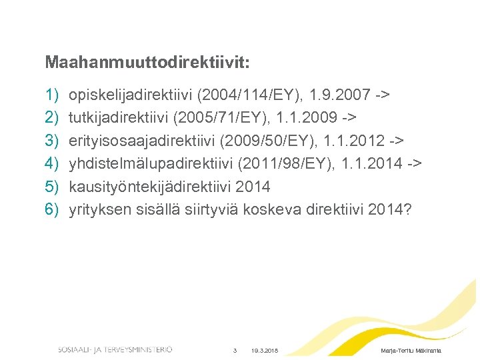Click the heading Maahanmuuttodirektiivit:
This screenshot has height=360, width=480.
[147, 63]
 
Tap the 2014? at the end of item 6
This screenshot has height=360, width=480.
[390, 210]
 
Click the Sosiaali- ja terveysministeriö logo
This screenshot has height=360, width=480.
[115, 349]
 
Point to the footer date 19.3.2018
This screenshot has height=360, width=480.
[265, 351]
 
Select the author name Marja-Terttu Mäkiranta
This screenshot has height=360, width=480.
[410, 351]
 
